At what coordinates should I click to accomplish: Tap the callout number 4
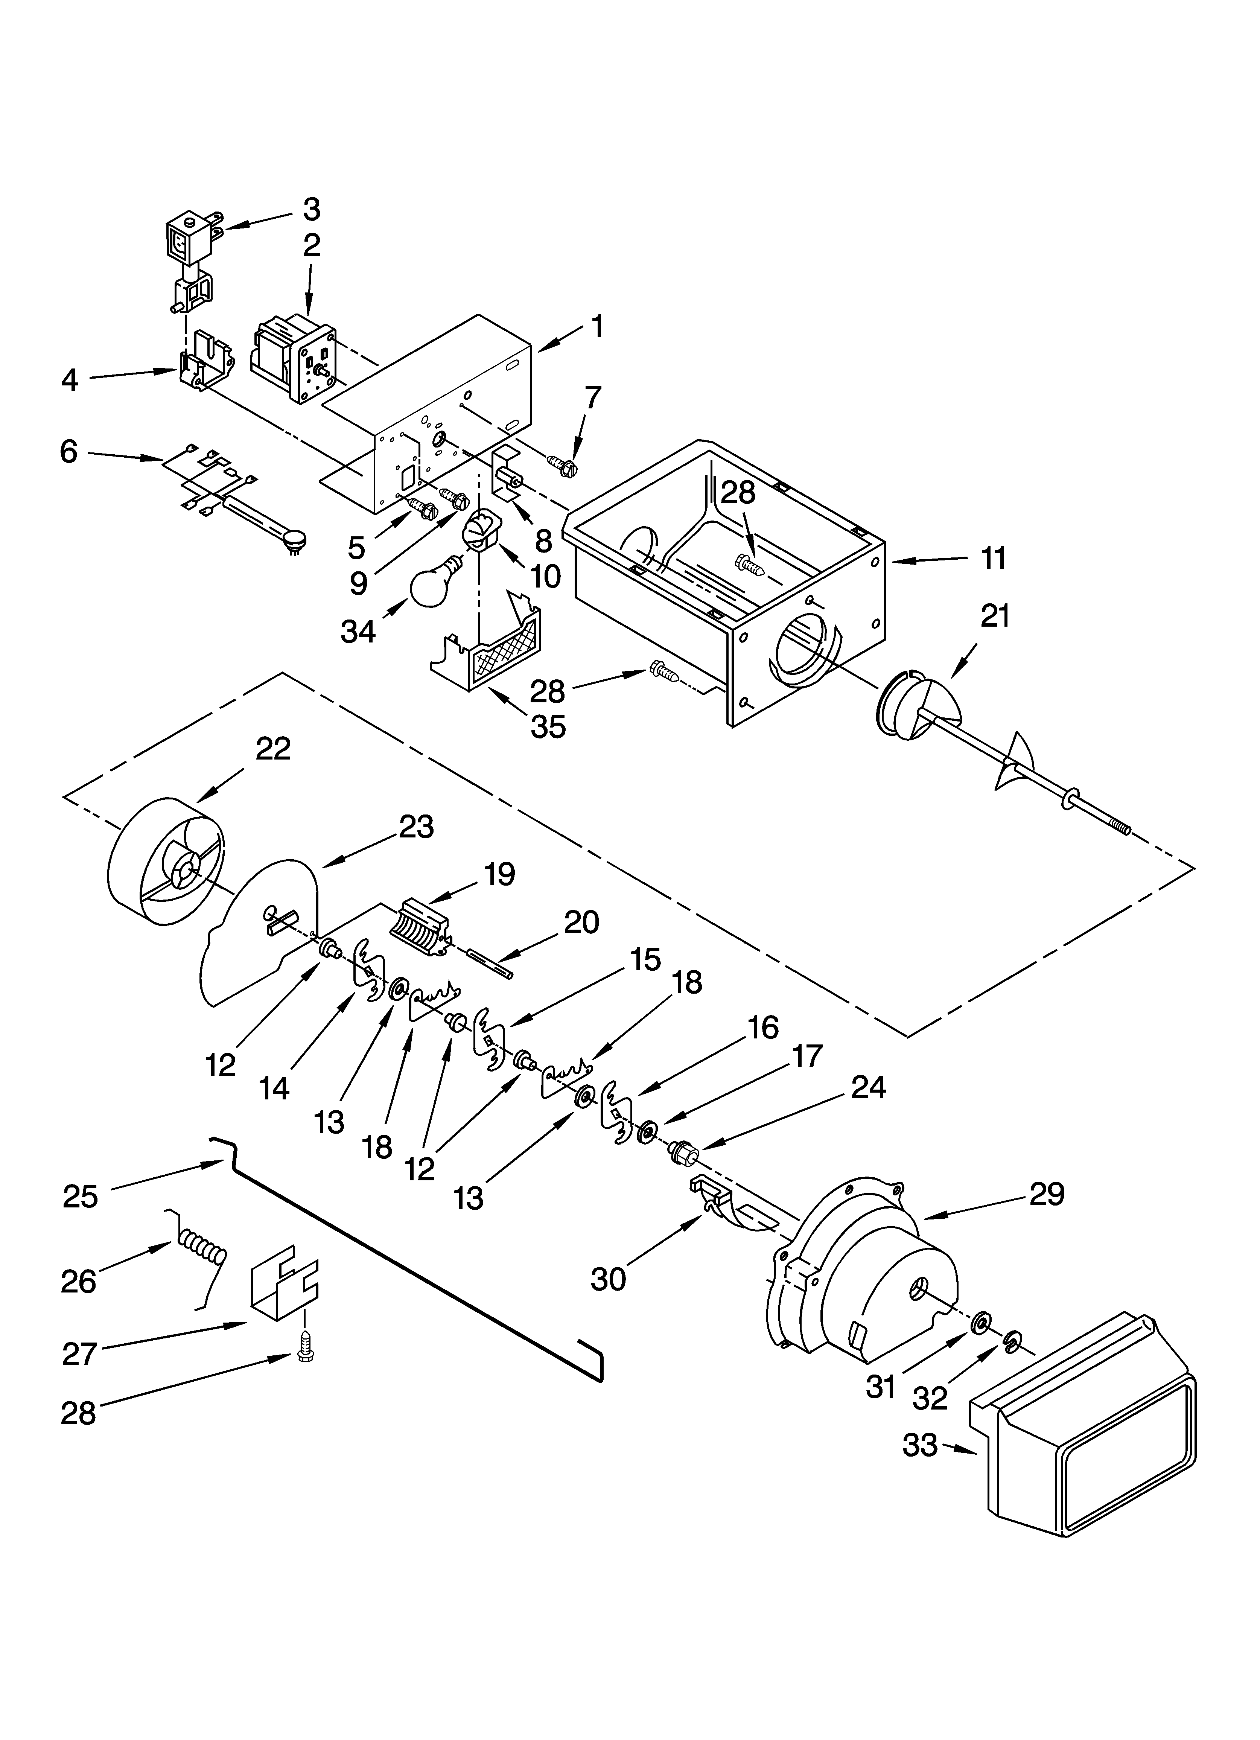(70, 380)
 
